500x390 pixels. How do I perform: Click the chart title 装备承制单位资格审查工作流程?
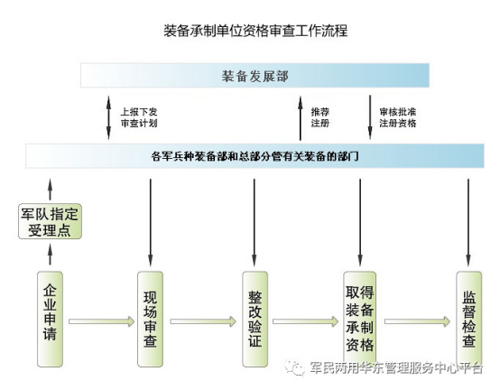click(x=255, y=31)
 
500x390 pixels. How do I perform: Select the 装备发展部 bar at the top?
click(x=255, y=75)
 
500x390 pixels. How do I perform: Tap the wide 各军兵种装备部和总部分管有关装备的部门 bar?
click(x=255, y=156)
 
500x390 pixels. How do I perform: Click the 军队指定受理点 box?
click(x=50, y=221)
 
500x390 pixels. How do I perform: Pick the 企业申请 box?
click(x=50, y=319)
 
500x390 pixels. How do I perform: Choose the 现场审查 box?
click(x=150, y=319)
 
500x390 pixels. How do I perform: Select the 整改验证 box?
click(x=255, y=319)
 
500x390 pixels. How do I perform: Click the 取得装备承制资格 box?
click(x=360, y=319)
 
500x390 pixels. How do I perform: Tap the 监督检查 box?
click(x=468, y=319)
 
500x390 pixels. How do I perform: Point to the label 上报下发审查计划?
click(x=139, y=117)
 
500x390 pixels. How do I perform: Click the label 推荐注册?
click(x=319, y=117)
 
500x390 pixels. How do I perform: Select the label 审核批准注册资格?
click(x=398, y=117)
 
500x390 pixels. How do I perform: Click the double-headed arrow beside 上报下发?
click(x=108, y=117)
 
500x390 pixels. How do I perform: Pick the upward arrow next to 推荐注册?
click(x=300, y=118)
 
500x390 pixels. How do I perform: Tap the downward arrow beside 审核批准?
click(x=370, y=117)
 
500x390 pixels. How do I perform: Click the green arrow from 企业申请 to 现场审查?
click(x=101, y=321)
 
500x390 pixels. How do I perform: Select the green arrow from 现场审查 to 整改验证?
click(x=203, y=321)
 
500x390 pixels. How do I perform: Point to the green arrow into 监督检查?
click(x=417, y=321)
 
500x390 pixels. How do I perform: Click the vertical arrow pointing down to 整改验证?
click(x=255, y=222)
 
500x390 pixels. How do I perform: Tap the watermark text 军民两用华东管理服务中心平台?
click(x=396, y=367)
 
